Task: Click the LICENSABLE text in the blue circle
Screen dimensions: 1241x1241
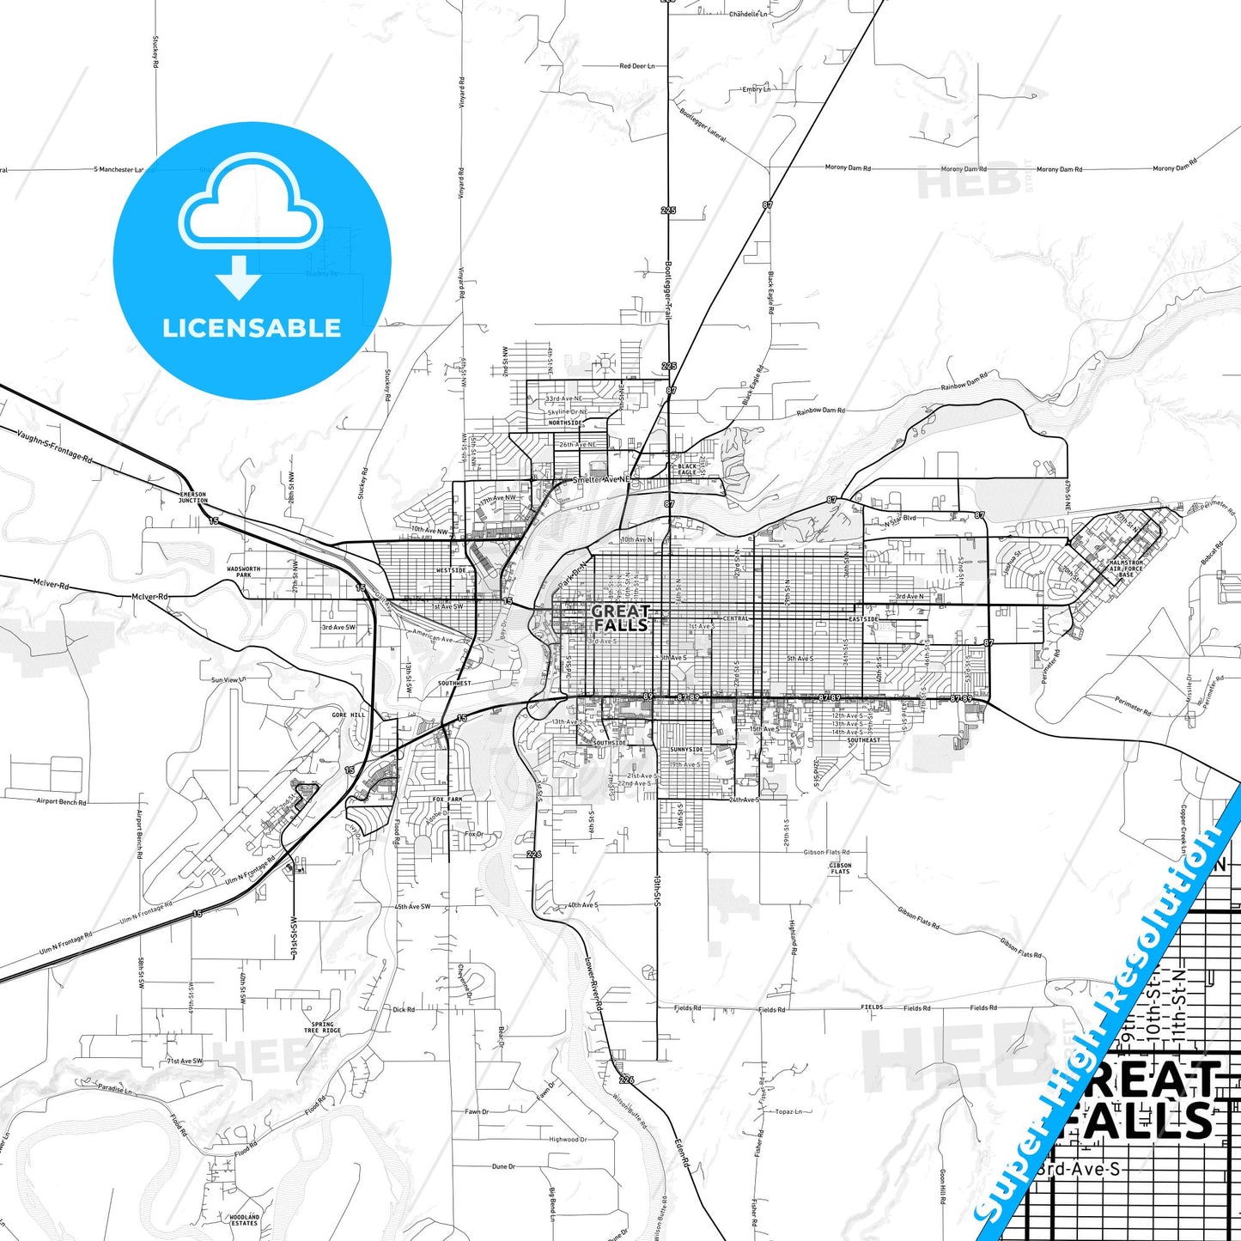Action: (x=252, y=328)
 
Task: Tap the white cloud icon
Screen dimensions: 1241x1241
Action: (x=250, y=206)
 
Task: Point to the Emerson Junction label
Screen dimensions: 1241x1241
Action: (x=192, y=498)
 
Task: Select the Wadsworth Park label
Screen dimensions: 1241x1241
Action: (x=244, y=572)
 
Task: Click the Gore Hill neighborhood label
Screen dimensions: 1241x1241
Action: (x=349, y=715)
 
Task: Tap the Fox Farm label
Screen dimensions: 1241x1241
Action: (x=447, y=799)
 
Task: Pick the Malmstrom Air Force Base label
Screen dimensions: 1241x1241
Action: (x=1126, y=569)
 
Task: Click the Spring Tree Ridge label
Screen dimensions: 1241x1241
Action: (x=322, y=1027)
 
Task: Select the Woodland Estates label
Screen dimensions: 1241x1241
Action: (x=244, y=1220)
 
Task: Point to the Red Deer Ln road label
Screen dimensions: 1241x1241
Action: (x=636, y=66)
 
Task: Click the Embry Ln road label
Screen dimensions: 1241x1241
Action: (x=756, y=89)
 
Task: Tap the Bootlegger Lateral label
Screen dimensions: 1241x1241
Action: (x=703, y=125)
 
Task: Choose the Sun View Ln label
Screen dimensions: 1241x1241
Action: (x=228, y=680)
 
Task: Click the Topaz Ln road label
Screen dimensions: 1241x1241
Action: (x=788, y=1111)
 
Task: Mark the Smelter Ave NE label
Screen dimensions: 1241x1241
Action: (x=601, y=479)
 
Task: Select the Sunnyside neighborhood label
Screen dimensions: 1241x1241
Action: (x=686, y=750)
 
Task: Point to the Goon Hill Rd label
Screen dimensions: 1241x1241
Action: (x=942, y=1185)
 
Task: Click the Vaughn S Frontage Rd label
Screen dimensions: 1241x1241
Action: (x=53, y=446)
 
